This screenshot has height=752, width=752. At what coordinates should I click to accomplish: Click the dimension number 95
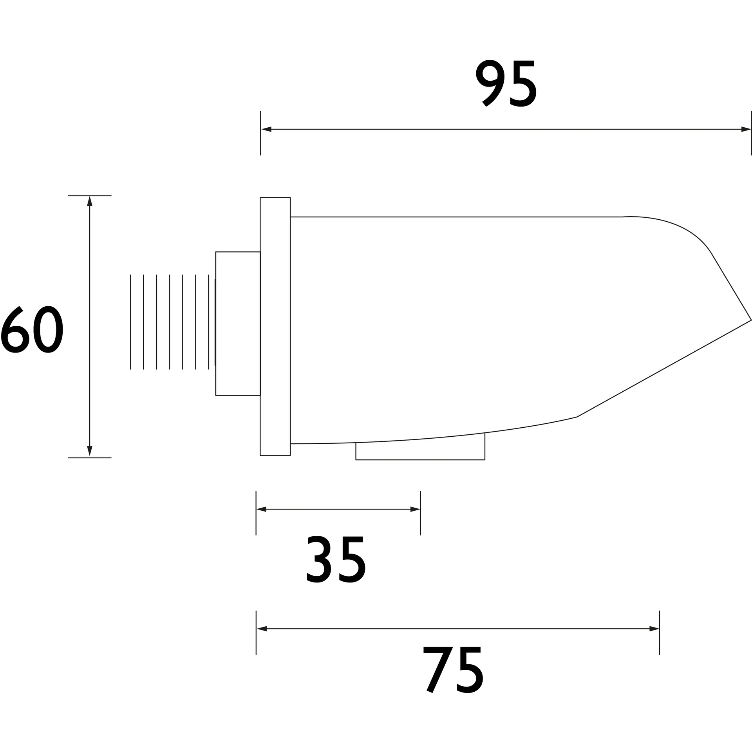coord(506,83)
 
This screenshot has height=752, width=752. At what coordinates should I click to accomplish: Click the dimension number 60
coord(32,329)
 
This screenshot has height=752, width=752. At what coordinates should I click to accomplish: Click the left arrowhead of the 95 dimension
coord(266,129)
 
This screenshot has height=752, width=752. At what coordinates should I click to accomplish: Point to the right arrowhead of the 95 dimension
coord(746,129)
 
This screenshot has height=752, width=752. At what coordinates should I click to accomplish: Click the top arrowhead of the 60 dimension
coord(90,201)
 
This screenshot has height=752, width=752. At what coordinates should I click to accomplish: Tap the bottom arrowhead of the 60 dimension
coord(90,451)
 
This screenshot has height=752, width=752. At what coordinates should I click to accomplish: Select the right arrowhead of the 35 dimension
coord(415,509)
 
